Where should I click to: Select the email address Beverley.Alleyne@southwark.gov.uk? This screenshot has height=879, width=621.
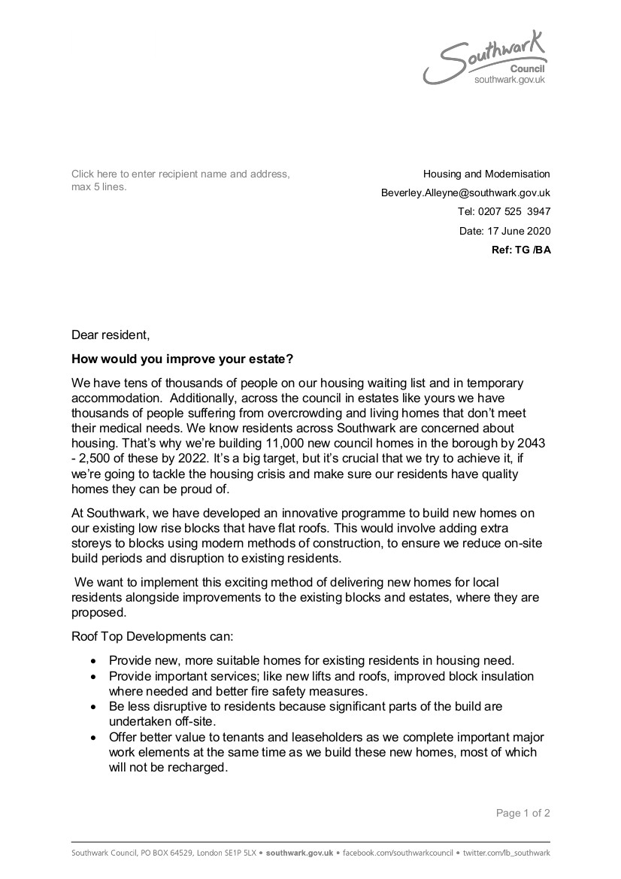[465, 193]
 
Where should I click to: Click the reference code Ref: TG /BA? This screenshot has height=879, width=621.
[521, 250]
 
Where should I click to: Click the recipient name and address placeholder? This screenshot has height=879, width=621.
[180, 180]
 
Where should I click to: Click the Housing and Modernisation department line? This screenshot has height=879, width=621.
[486, 174]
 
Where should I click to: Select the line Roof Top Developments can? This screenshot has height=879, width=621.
[153, 636]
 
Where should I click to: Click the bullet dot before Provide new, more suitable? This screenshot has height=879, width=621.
[92, 662]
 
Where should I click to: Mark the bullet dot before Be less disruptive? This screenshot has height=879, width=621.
[92, 708]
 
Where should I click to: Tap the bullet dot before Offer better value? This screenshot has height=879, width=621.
[92, 738]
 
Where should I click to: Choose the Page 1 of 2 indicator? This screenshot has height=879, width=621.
[523, 813]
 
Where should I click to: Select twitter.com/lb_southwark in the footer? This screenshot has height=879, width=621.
[507, 853]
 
